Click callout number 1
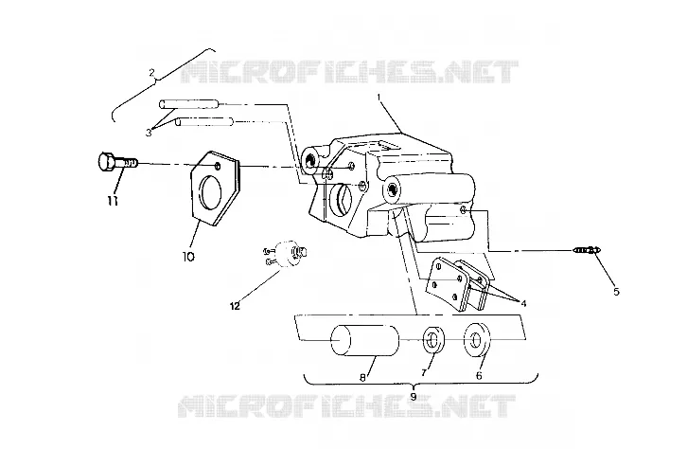click(x=379, y=96)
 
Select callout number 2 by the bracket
click(x=151, y=73)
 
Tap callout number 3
click(x=149, y=132)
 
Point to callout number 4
click(x=523, y=303)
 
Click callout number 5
click(x=616, y=292)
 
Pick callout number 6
click(x=479, y=376)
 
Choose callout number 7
click(x=424, y=372)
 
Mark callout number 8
click(x=362, y=377)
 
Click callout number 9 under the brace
click(x=414, y=396)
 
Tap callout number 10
click(x=188, y=257)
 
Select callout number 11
click(x=113, y=201)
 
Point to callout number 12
click(x=236, y=306)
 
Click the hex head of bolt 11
click(x=107, y=162)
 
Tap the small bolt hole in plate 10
click(x=218, y=166)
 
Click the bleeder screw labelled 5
click(x=587, y=250)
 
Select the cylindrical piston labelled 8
click(x=364, y=340)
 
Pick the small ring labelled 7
click(x=433, y=339)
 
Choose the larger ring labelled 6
click(x=477, y=339)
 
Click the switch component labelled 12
click(x=286, y=254)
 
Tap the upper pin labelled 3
click(x=191, y=104)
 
